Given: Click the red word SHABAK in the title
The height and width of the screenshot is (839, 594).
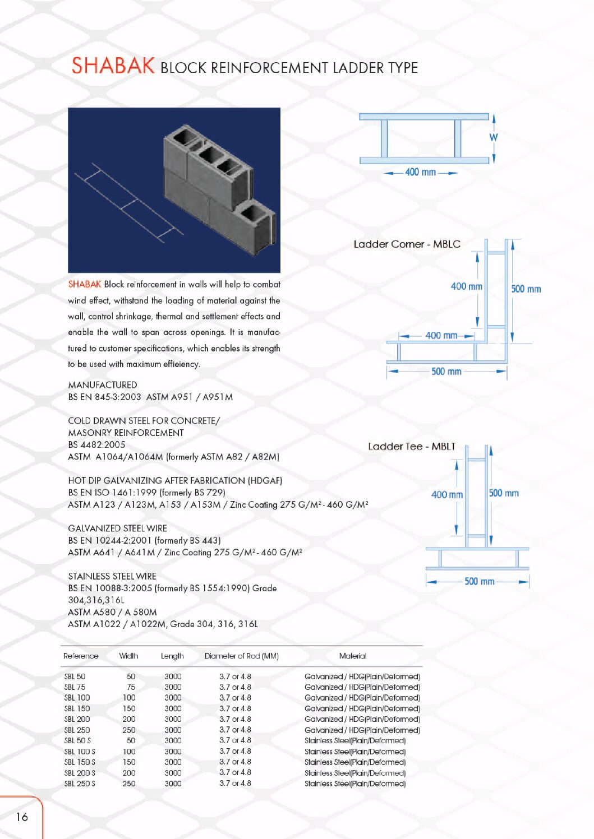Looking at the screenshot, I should tap(113, 66).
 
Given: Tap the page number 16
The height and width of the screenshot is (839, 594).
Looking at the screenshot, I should tap(22, 817).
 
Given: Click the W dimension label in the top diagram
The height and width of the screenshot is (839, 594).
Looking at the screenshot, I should tap(494, 137).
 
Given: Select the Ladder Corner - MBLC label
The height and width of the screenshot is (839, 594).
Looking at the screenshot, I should tap(407, 244).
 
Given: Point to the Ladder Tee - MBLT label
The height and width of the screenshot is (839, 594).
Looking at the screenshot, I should tap(412, 447).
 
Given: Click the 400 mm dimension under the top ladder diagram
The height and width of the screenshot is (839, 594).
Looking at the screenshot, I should tap(420, 173).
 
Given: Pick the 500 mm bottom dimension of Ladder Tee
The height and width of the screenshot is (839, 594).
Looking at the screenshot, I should tap(479, 582).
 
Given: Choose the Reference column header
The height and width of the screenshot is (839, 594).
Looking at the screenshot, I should tap(81, 656).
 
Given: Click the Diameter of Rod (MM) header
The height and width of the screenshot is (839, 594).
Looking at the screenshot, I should tap(241, 656).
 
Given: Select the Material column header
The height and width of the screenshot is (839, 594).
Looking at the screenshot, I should tap(352, 656).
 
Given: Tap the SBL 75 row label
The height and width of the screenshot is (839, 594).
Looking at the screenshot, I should tap(75, 687).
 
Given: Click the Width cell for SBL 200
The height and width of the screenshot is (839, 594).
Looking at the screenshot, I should tap(129, 719).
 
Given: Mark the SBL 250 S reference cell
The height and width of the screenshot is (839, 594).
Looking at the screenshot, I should tap(80, 784).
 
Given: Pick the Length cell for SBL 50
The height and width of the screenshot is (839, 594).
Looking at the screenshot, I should tap(173, 676).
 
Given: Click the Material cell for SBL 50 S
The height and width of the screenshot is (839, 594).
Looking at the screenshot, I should tap(354, 740).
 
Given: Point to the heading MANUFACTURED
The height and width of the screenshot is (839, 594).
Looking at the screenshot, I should tap(103, 385).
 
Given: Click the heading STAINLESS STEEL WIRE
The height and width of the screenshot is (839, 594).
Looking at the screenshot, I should tap(112, 576).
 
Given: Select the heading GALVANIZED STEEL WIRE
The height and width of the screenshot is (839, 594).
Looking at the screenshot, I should tap(117, 529).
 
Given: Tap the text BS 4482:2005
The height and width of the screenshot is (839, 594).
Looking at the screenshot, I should tap(96, 444).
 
